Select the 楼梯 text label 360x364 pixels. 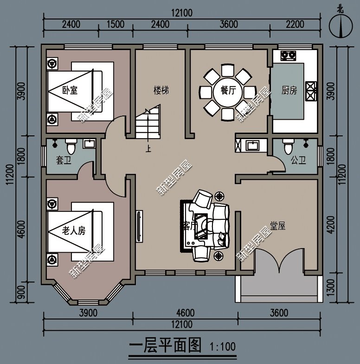(161, 90)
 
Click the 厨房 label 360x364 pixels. (289, 90)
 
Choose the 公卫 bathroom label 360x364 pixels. (298, 160)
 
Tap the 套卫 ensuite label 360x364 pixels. (63, 160)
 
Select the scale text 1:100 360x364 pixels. (223, 346)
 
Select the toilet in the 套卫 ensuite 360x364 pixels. (71, 147)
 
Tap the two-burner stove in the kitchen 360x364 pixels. (288, 56)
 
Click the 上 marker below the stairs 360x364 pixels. (148, 149)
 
